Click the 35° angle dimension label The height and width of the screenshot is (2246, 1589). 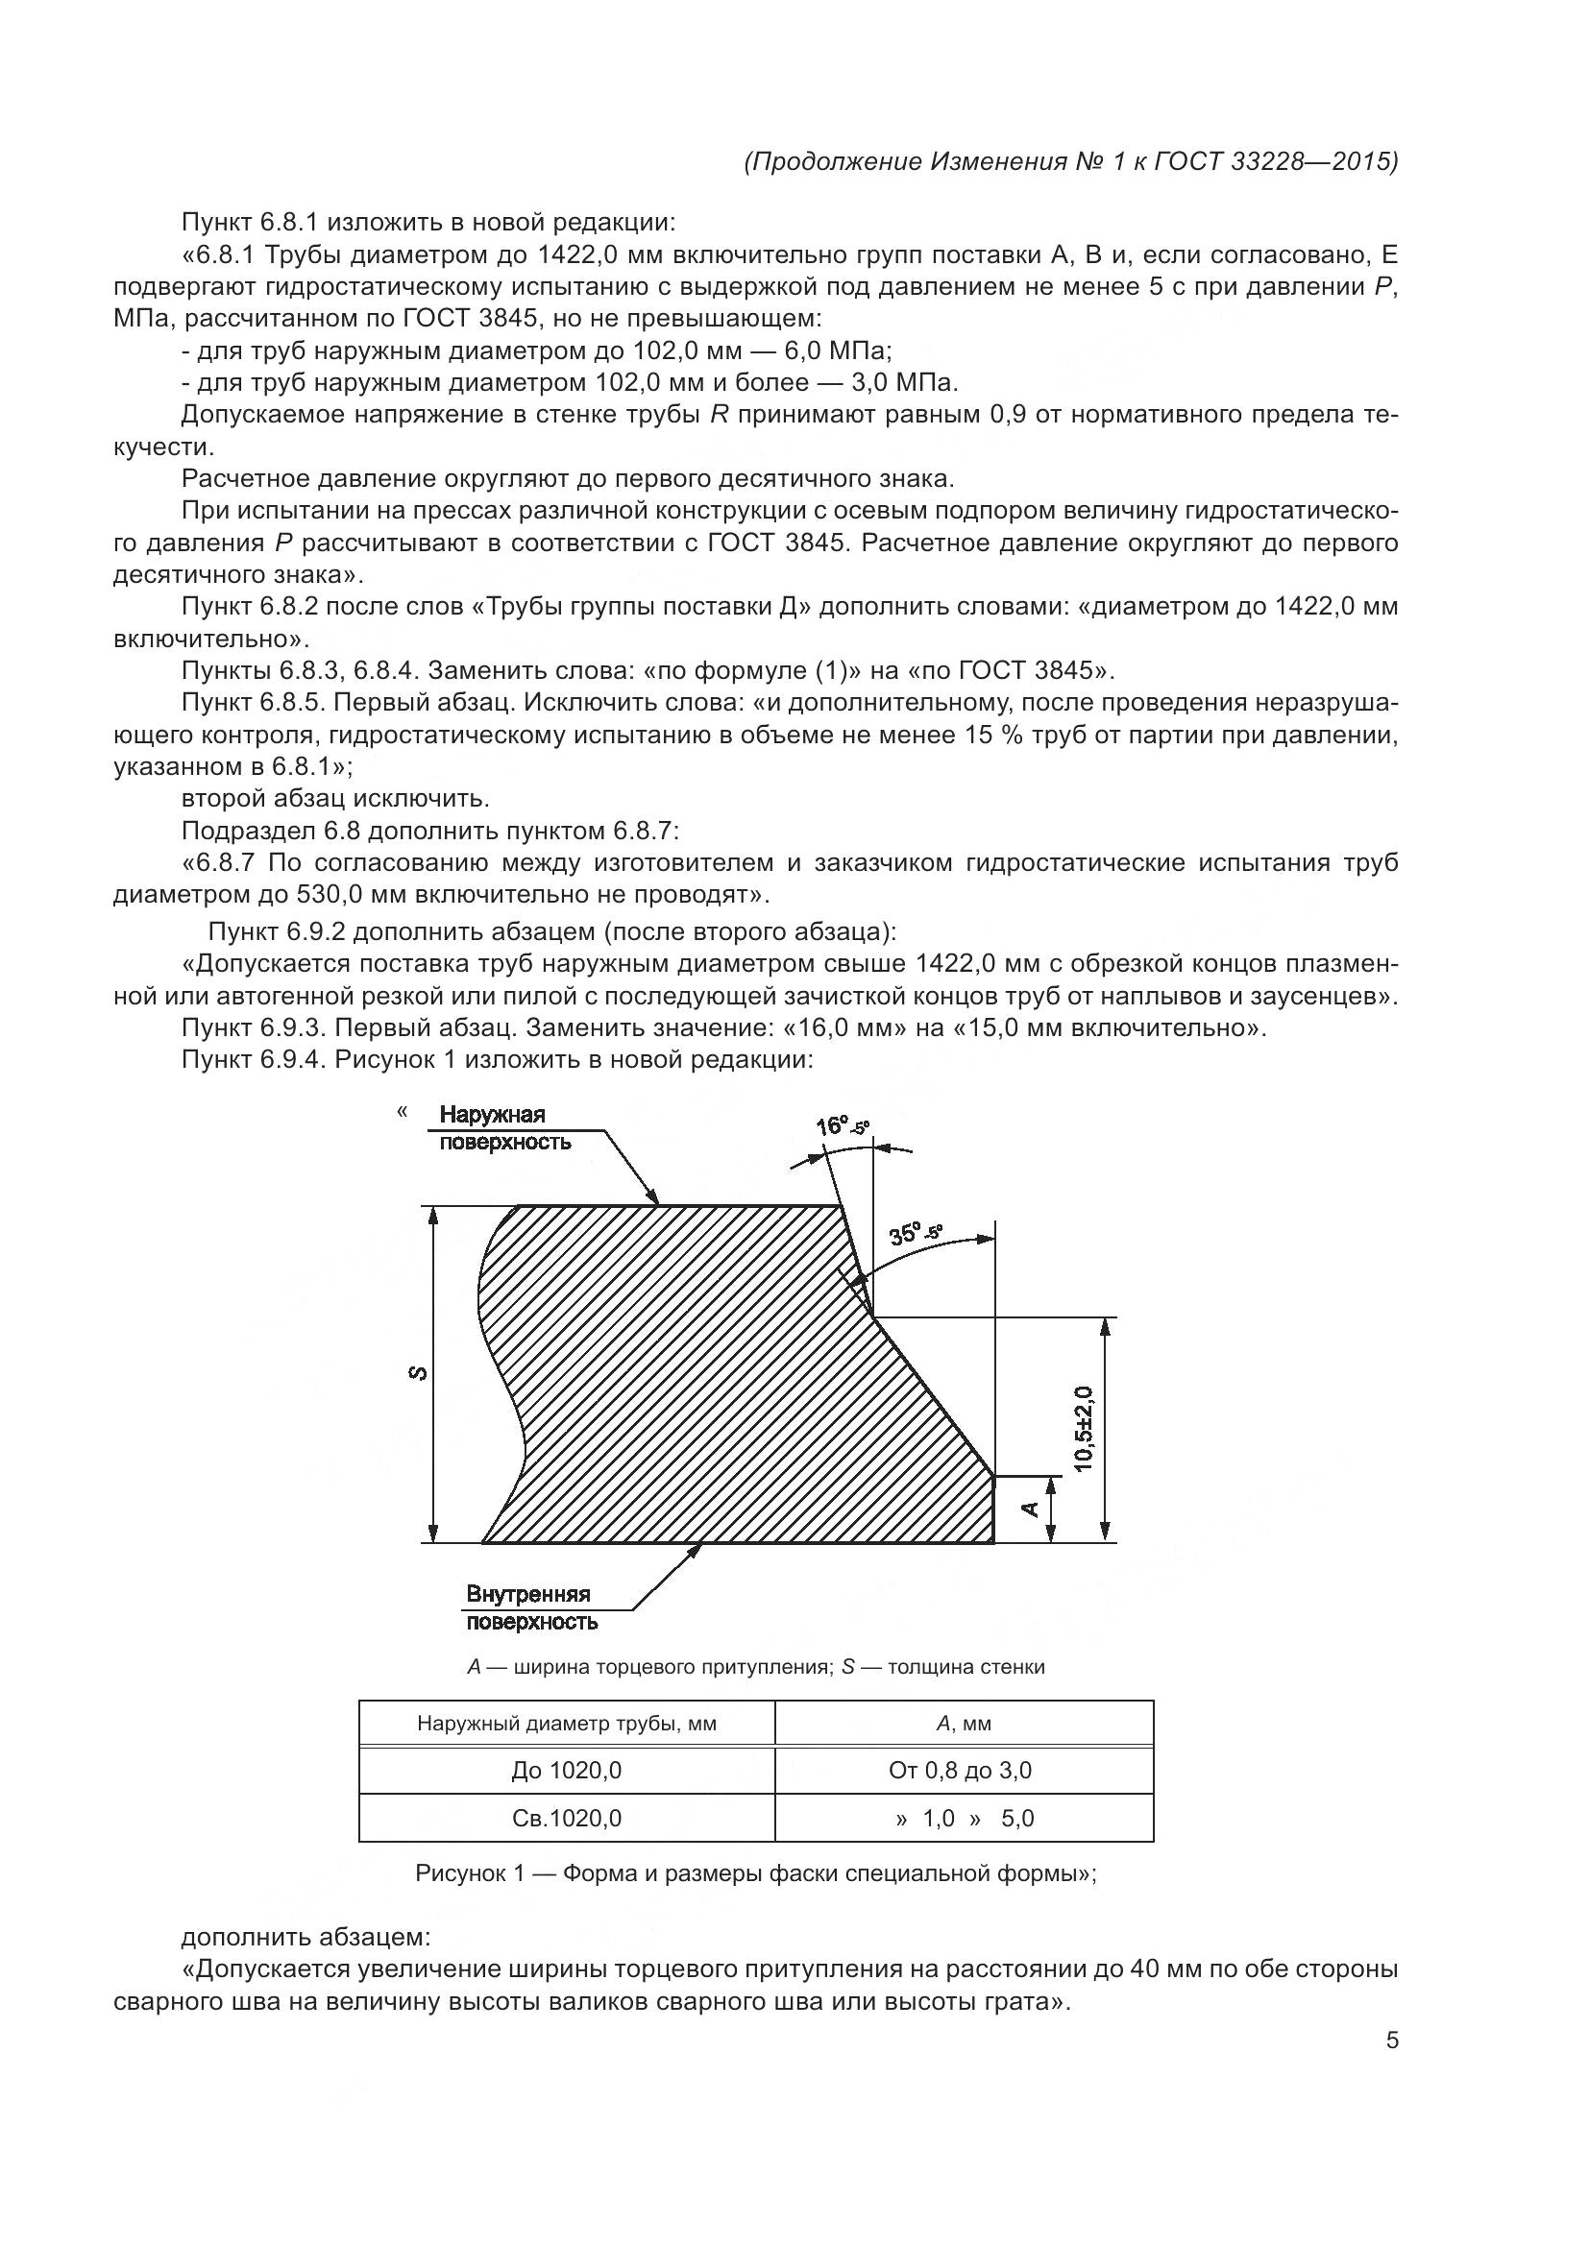[914, 1234]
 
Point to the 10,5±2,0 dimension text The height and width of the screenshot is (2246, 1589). [1084, 1428]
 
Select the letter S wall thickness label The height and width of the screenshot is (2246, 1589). [418, 1373]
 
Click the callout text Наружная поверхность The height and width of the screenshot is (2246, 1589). [504, 1128]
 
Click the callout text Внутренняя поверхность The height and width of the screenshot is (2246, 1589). [530, 1608]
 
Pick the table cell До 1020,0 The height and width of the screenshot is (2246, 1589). [566, 1771]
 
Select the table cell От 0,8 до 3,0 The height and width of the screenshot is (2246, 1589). [960, 1771]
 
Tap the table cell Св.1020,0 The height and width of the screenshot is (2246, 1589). [566, 1819]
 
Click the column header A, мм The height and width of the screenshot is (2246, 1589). [963, 1724]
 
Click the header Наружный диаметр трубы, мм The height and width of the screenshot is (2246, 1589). [566, 1724]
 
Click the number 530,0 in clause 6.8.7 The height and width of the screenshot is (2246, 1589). [332, 895]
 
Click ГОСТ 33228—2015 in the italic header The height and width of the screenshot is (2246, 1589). [1275, 161]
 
